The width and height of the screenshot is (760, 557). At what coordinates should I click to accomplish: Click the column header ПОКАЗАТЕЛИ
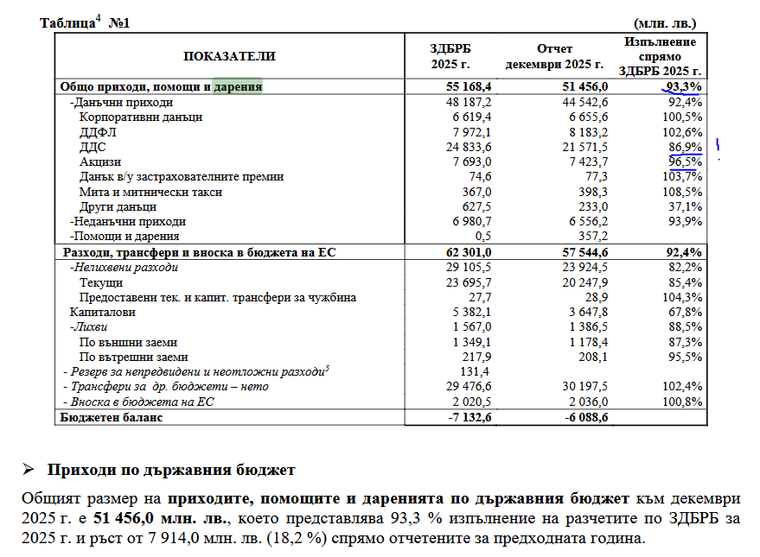[229, 56]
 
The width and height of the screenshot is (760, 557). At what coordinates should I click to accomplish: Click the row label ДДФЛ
[97, 132]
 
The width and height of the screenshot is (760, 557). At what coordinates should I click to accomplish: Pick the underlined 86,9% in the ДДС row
[684, 147]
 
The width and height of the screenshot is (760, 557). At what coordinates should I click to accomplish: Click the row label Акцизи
[100, 161]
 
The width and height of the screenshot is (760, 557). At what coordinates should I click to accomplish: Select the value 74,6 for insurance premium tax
[479, 176]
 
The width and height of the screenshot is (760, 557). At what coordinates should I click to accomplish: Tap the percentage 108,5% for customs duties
[681, 191]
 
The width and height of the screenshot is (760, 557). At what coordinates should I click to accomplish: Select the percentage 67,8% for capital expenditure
[684, 312]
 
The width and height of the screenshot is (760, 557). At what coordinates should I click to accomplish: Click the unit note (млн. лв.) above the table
[664, 22]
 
